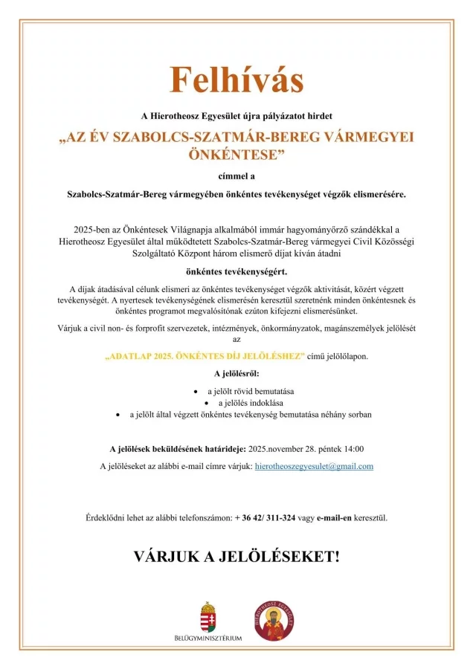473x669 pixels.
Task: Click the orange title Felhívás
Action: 236,80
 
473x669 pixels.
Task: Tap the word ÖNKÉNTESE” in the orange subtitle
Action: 236,155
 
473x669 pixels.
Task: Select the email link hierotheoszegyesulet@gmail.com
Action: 313,466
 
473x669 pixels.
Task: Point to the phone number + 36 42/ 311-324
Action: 265,517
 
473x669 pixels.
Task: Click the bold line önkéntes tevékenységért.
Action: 236,271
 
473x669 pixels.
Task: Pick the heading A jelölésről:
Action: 236,373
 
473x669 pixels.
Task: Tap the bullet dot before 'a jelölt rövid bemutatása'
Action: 196,390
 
